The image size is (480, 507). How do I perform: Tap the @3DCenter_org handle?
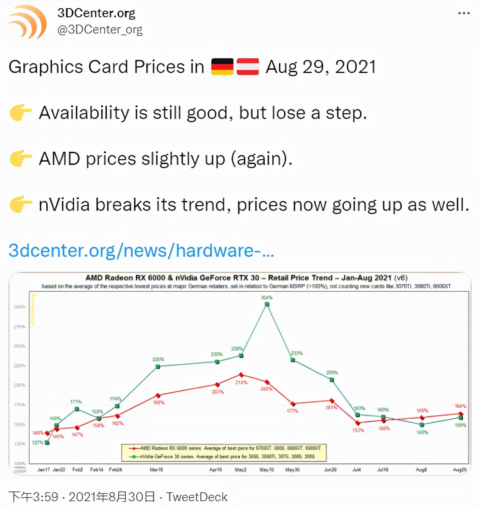pyautogui.click(x=100, y=30)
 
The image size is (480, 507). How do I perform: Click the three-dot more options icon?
pyautogui.click(x=464, y=13)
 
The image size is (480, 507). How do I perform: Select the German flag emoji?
pyautogui.click(x=222, y=67)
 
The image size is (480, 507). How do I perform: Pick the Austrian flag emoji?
pyautogui.click(x=248, y=67)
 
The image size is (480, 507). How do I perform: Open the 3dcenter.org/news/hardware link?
pyautogui.click(x=141, y=250)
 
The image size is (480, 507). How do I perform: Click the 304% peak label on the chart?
pyautogui.click(x=267, y=297)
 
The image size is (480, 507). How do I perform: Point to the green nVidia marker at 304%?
pyautogui.click(x=267, y=304)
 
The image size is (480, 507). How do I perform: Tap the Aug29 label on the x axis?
pyautogui.click(x=460, y=470)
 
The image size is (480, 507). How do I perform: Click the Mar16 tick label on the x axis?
pyautogui.click(x=156, y=470)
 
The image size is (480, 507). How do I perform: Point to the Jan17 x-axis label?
pyautogui.click(x=43, y=470)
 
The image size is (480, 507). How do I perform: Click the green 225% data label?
pyautogui.click(x=158, y=359)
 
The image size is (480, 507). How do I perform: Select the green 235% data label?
pyautogui.click(x=297, y=353)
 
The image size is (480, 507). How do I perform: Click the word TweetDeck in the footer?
pyautogui.click(x=197, y=497)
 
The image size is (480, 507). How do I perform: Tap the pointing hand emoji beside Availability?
pyautogui.click(x=20, y=113)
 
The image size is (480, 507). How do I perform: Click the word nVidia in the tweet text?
pyautogui.click(x=64, y=205)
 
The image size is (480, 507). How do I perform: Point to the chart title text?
pyautogui.click(x=246, y=278)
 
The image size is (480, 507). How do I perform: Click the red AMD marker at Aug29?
pyautogui.click(x=461, y=414)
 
